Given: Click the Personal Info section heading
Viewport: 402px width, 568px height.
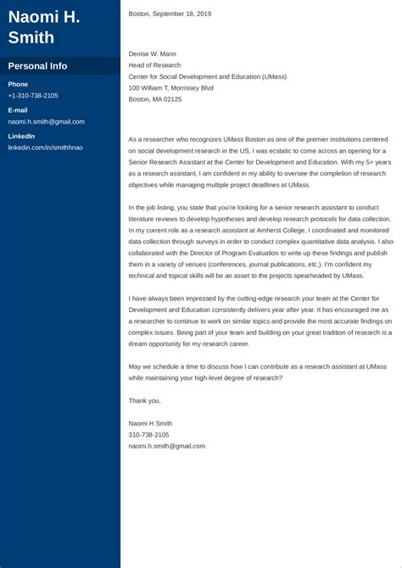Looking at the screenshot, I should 37,66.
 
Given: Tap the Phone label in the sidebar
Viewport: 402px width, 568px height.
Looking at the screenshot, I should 18,85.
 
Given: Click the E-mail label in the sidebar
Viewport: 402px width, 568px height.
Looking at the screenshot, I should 18,110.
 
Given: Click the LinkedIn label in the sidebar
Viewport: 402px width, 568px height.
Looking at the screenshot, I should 21,136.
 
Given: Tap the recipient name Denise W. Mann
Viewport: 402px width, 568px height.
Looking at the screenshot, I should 156,53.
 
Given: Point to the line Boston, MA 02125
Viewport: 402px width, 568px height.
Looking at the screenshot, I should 155,99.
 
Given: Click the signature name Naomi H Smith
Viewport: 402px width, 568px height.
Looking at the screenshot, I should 152,422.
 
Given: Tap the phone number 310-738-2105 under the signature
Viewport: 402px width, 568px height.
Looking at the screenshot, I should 148,434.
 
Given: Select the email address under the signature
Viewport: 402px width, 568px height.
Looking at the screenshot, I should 166,446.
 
